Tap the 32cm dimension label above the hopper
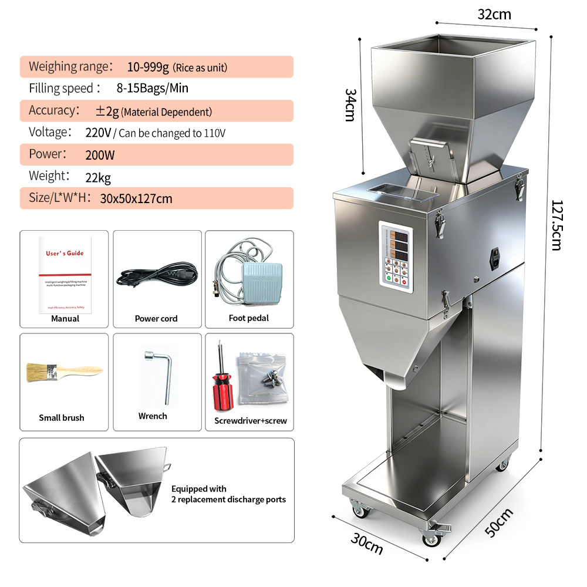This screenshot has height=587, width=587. click(x=494, y=15)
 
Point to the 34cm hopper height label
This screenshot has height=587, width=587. click(x=350, y=104)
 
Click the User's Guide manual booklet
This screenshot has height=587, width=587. click(x=65, y=274)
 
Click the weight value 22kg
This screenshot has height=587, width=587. click(x=98, y=177)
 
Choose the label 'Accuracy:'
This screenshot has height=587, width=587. click(x=54, y=110)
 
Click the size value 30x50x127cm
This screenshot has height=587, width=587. click(x=136, y=198)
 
